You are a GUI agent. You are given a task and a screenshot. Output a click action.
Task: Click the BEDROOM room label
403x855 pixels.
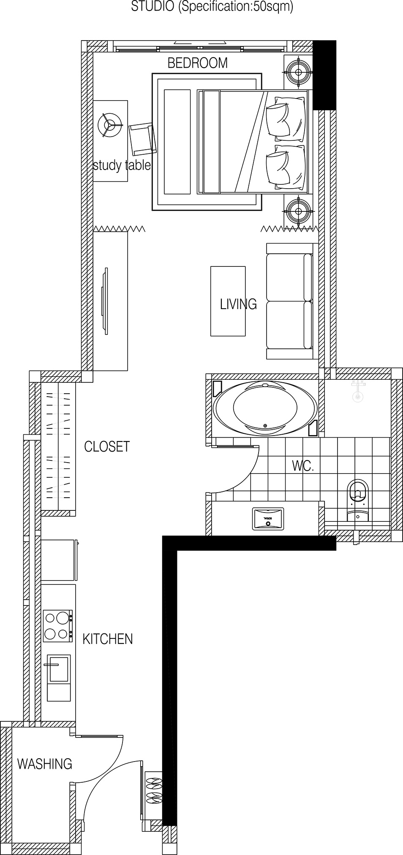pyautogui.click(x=197, y=63)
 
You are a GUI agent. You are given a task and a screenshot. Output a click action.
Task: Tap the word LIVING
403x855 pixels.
pyautogui.click(x=238, y=304)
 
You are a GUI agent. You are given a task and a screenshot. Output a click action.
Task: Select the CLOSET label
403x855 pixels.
pyautogui.click(x=107, y=447)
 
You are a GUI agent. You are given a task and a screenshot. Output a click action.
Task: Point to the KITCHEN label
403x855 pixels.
pyautogui.click(x=107, y=639)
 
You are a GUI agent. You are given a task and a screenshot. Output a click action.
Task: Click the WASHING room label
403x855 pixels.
pyautogui.click(x=44, y=764)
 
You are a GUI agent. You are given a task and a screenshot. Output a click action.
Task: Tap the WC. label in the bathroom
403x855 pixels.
pyautogui.click(x=303, y=466)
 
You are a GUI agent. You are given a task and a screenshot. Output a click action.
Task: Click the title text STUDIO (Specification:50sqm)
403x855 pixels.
pyautogui.click(x=212, y=7)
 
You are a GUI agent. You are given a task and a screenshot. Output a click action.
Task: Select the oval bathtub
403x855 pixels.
pyautogui.click(x=265, y=409)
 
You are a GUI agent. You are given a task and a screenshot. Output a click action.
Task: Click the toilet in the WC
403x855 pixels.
pyautogui.click(x=357, y=499)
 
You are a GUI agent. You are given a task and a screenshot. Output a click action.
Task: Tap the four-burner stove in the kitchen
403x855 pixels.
pyautogui.click(x=57, y=626)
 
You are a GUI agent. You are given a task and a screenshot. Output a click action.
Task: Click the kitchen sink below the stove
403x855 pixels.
pyautogui.click(x=58, y=669)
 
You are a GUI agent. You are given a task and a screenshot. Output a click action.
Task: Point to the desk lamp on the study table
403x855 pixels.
pyautogui.click(x=110, y=125)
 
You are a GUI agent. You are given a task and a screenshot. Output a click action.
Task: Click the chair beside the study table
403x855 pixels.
pyautogui.click(x=142, y=140)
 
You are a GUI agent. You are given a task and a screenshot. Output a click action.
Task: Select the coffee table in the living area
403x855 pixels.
pyautogui.click(x=228, y=301)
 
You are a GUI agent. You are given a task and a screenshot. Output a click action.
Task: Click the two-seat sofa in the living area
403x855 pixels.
pyautogui.click(x=290, y=301)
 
